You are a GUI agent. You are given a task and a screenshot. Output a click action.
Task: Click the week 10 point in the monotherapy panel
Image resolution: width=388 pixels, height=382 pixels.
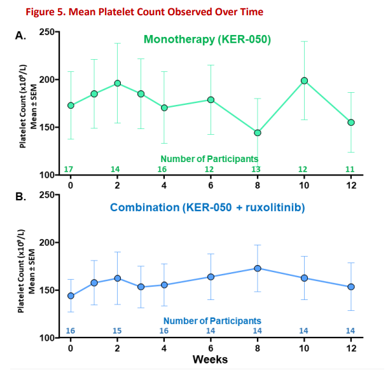pos(305,81)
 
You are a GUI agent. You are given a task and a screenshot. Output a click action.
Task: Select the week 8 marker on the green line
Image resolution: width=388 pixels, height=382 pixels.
pos(258,133)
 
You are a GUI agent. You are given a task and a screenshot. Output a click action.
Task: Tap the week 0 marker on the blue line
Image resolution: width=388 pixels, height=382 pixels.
pos(71,296)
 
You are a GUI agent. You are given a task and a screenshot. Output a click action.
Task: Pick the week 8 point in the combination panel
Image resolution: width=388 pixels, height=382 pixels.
pos(258,268)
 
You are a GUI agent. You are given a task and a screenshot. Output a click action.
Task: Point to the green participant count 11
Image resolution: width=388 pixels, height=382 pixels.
pos(350,169)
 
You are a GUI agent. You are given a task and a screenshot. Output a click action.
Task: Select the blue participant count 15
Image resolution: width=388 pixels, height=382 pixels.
pos(117,331)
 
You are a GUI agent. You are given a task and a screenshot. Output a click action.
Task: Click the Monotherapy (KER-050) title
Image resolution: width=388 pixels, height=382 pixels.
pos(207,40)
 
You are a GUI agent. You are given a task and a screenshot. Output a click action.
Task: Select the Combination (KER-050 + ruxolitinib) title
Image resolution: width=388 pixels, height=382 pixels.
pos(207,207)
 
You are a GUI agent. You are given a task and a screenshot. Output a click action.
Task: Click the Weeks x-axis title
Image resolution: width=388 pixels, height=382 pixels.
pos(210,360)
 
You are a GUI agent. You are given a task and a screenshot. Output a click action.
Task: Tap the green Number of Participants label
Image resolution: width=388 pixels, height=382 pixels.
pos(209,158)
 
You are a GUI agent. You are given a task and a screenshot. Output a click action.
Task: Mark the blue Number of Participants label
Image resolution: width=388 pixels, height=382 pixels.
pos(212,321)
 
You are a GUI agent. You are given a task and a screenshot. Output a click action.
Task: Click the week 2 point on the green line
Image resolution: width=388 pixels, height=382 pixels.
pos(118,83)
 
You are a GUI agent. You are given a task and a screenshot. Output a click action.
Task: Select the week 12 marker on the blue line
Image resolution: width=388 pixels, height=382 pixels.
pos(351,287)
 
